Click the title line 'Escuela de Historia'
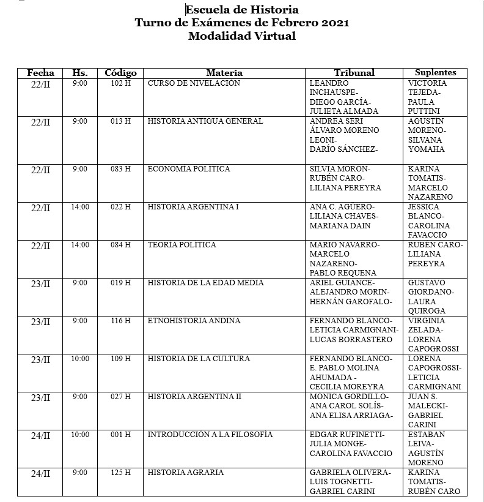click(x=242, y=9)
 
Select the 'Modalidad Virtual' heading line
click(x=242, y=36)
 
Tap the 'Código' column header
click(x=120, y=73)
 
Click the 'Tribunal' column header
click(x=354, y=73)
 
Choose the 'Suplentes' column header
click(x=436, y=73)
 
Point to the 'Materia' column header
click(x=224, y=73)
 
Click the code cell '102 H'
click(x=120, y=83)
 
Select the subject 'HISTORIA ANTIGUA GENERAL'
click(x=205, y=121)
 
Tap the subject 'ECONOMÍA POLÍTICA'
click(x=189, y=169)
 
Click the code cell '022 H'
click(x=120, y=207)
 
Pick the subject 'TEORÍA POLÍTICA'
click(x=182, y=245)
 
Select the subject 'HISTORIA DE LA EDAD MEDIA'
click(x=205, y=283)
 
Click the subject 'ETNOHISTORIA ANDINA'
click(x=194, y=321)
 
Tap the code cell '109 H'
click(x=120, y=359)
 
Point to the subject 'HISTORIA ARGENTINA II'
click(x=194, y=397)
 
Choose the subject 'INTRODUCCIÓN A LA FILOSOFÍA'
click(x=210, y=435)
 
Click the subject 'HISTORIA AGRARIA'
click(x=185, y=473)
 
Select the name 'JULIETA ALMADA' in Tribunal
click(x=344, y=111)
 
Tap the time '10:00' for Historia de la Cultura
click(x=80, y=359)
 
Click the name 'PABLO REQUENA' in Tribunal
click(x=343, y=273)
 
